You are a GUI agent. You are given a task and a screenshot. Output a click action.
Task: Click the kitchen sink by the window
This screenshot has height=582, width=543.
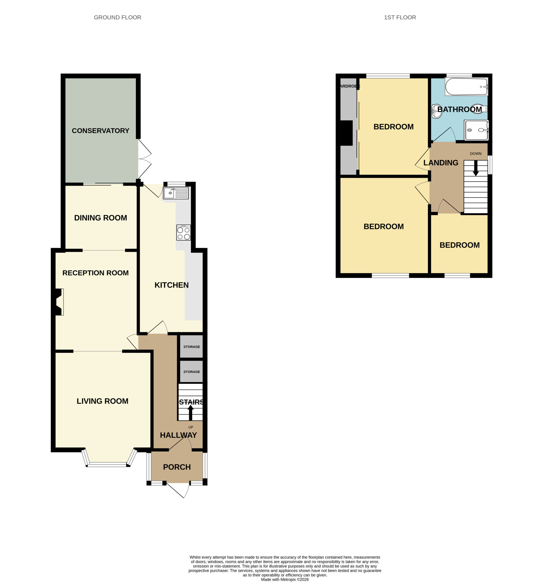(x=176, y=193)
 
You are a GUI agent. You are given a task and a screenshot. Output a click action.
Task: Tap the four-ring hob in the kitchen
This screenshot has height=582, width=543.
(x=183, y=232)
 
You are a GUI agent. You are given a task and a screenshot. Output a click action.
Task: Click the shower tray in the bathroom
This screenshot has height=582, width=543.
(x=476, y=130)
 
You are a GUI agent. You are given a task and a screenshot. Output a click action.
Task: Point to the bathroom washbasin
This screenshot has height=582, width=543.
(x=436, y=111)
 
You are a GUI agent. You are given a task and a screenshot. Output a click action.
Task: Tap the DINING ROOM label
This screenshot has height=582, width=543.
(x=101, y=218)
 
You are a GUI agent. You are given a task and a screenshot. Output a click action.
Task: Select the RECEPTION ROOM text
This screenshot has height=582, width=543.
(x=96, y=273)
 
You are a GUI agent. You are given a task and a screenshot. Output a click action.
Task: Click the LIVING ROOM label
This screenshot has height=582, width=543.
(x=102, y=401)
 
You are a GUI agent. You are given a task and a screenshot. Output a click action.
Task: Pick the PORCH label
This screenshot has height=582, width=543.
(x=177, y=467)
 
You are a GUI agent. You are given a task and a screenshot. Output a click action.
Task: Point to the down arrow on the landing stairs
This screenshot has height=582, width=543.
(x=476, y=168)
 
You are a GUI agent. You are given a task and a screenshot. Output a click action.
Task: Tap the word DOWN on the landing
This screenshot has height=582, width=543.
(x=476, y=153)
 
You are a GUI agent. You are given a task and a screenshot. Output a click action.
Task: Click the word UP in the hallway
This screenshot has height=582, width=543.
(x=191, y=427)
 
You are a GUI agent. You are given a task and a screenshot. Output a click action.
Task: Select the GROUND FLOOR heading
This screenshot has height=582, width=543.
(x=118, y=18)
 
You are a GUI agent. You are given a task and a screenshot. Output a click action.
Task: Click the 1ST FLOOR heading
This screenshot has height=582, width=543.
(x=400, y=18)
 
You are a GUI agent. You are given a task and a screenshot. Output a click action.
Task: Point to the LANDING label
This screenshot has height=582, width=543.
(x=441, y=163)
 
